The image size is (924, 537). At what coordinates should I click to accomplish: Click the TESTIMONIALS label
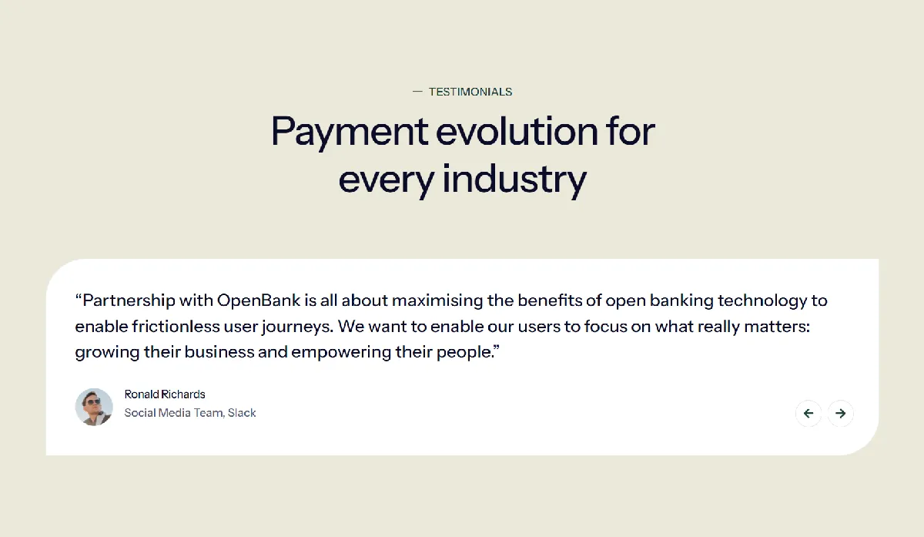coord(470,92)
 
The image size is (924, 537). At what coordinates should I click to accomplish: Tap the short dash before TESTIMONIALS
coord(417,92)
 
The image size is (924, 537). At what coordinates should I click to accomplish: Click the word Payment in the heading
coord(350,133)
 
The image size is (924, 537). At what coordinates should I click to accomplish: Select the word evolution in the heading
coord(517,132)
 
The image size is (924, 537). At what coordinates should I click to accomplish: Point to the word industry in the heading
coord(514,180)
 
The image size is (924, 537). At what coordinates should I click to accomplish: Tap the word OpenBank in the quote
coord(259,301)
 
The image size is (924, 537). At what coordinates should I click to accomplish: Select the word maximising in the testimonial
coord(437,301)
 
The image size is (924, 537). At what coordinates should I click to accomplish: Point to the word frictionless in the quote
coord(176,327)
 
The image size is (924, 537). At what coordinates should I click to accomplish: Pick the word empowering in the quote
coord(340,353)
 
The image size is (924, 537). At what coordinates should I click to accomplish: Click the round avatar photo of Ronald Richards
coord(94,407)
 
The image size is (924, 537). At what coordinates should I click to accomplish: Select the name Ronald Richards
coord(165,394)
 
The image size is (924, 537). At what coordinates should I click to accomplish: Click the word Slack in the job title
coord(242,413)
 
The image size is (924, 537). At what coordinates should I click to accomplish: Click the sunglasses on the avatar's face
coord(93,401)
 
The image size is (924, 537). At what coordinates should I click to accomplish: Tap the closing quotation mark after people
coord(496,348)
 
